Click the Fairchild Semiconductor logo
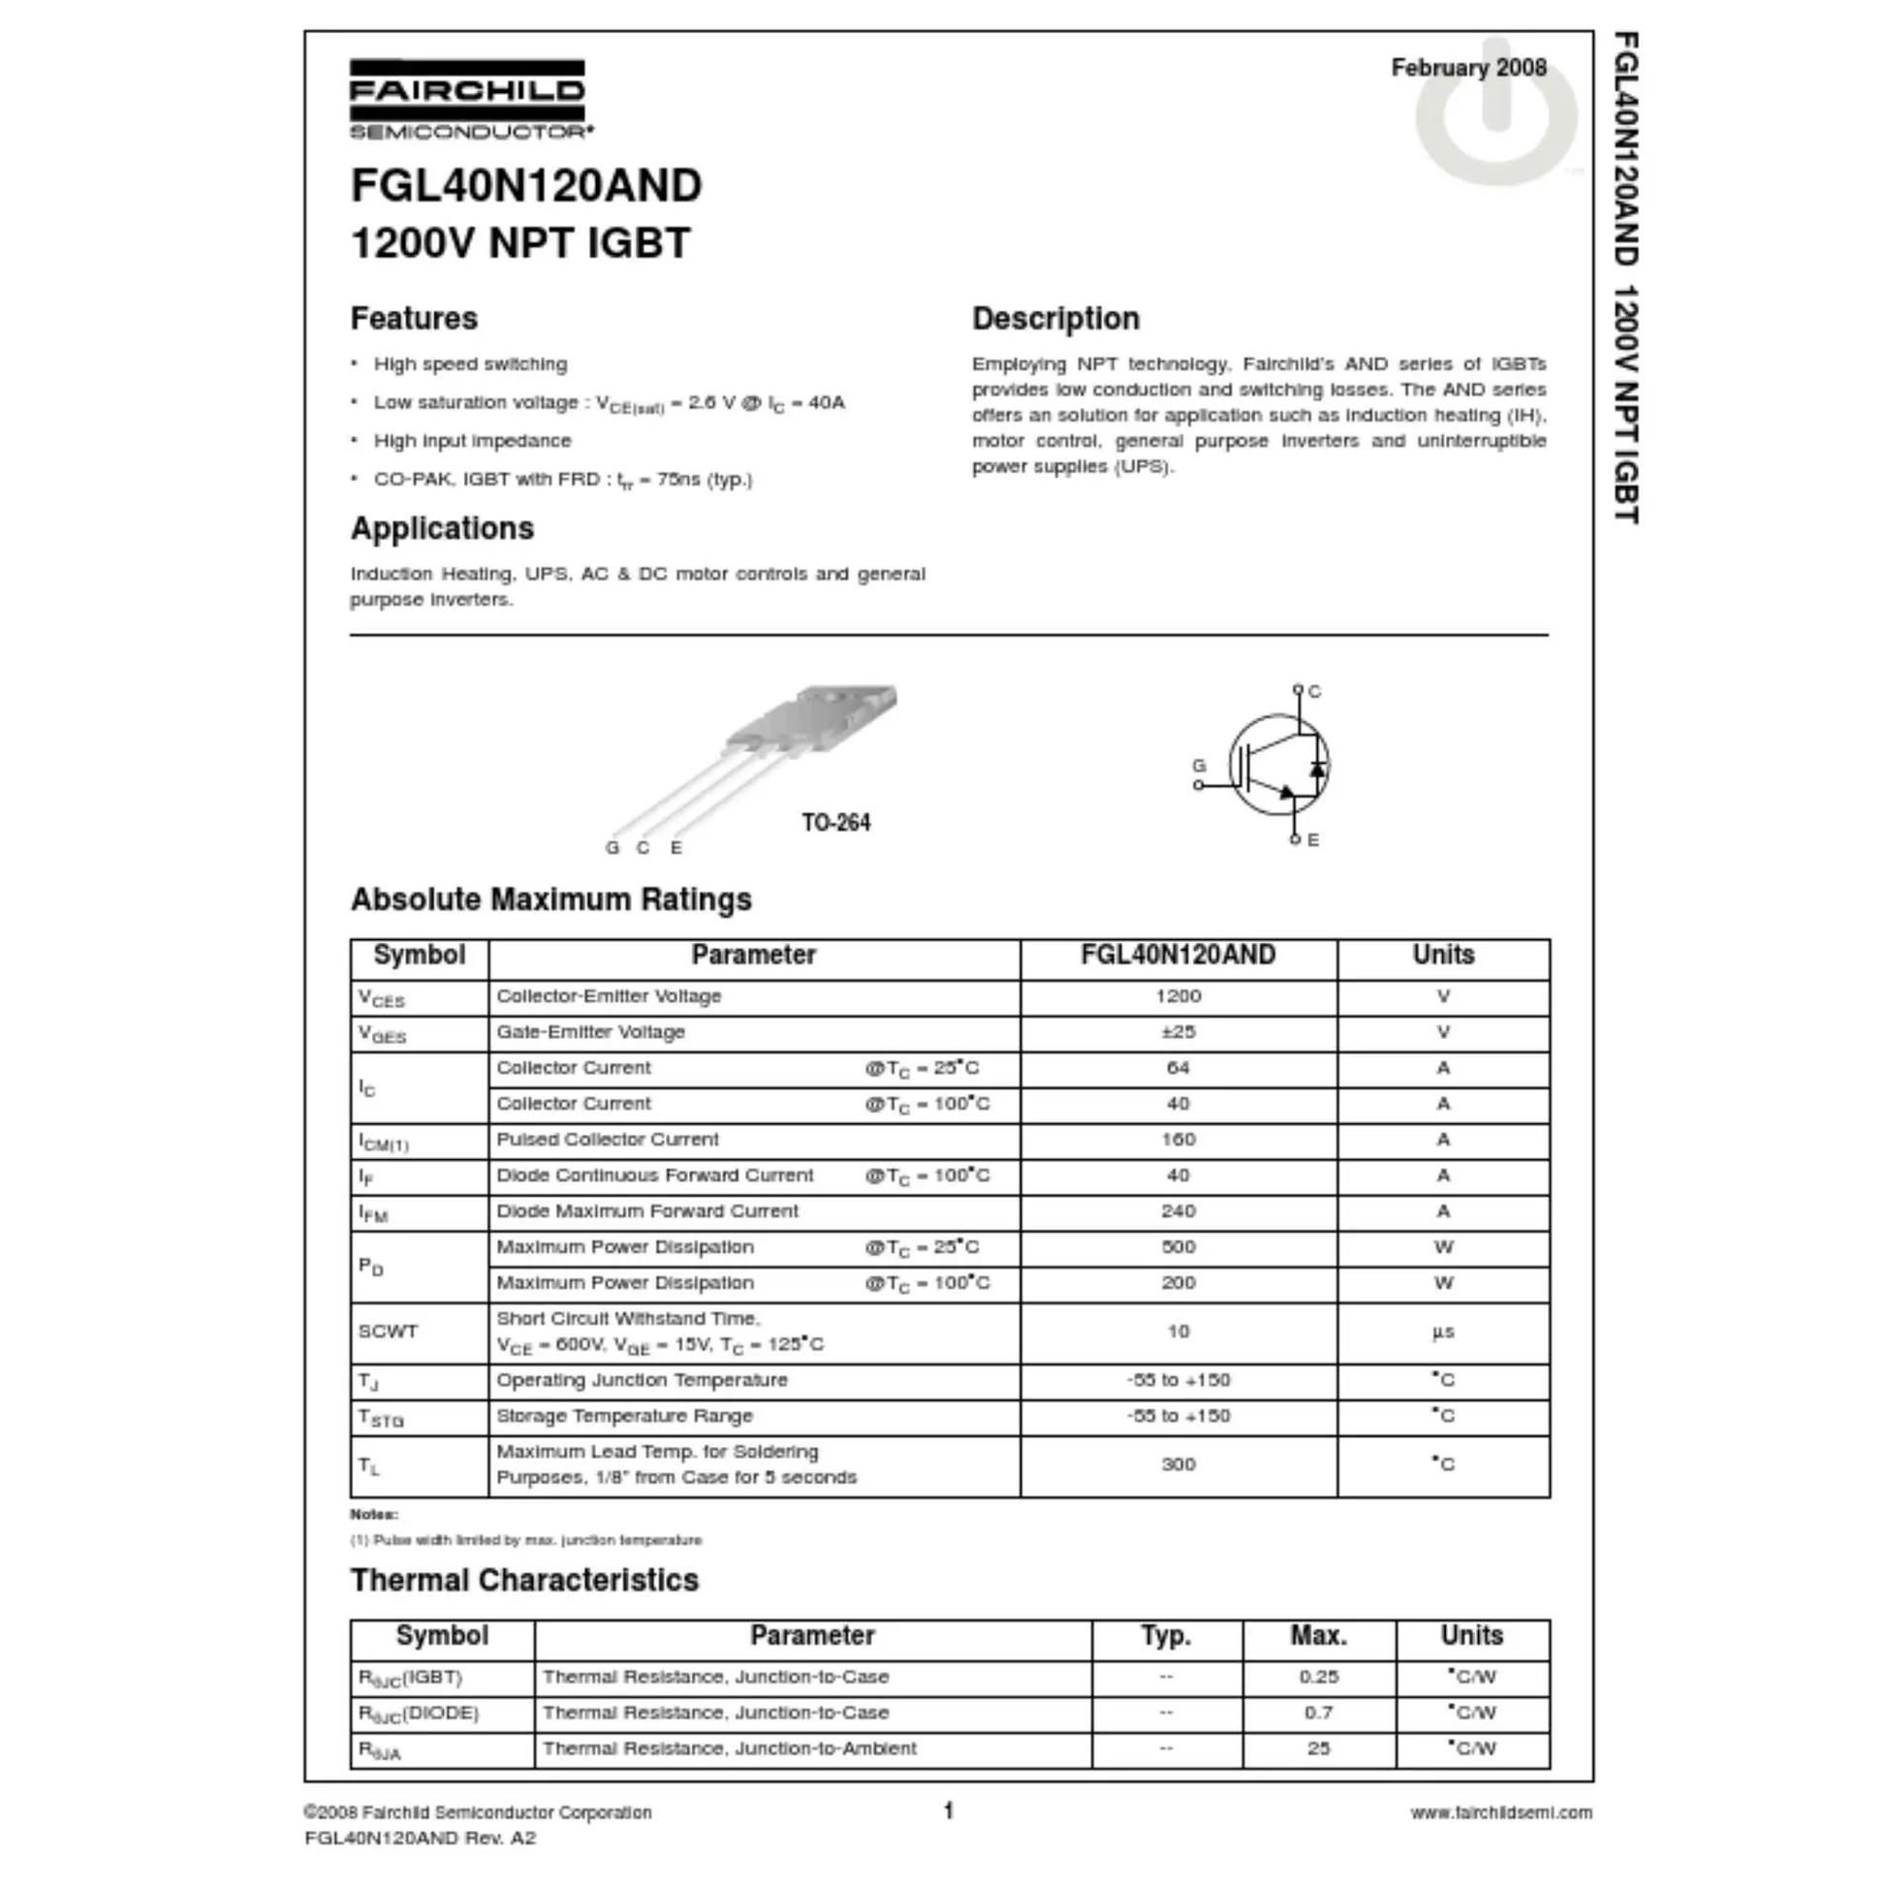pyautogui.click(x=469, y=99)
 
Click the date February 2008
pyautogui.click(x=1468, y=68)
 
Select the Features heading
pyautogui.click(x=414, y=318)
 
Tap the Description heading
pyautogui.click(x=1055, y=318)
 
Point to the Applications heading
pyautogui.click(x=442, y=528)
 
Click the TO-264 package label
pyautogui.click(x=835, y=822)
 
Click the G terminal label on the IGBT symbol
pyautogui.click(x=1199, y=766)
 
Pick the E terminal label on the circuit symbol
pyautogui.click(x=1313, y=839)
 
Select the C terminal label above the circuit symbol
pyautogui.click(x=1315, y=691)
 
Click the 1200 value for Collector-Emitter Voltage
pyautogui.click(x=1178, y=995)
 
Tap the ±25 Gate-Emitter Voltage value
pyautogui.click(x=1178, y=1032)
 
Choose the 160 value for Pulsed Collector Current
pyautogui.click(x=1178, y=1139)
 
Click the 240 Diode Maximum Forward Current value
pyautogui.click(x=1178, y=1210)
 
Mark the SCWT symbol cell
pyautogui.click(x=389, y=1332)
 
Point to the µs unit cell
pyautogui.click(x=1443, y=1332)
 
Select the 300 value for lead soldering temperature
pyautogui.click(x=1178, y=1464)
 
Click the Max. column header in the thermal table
pyautogui.click(x=1318, y=1635)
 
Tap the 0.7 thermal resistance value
pyautogui.click(x=1318, y=1713)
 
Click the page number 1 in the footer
pyautogui.click(x=948, y=1810)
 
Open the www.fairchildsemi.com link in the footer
pyautogui.click(x=1500, y=1811)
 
